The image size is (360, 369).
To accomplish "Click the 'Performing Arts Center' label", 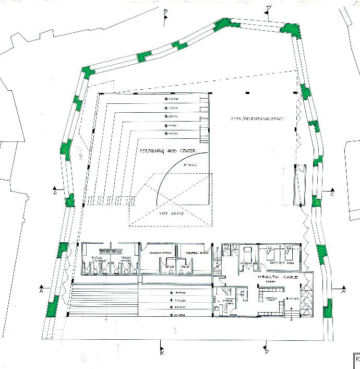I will pos(167,151).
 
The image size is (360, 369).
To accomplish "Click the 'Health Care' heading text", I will pos(277,278).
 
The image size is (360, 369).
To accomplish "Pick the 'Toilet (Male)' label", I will pos(126,258).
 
